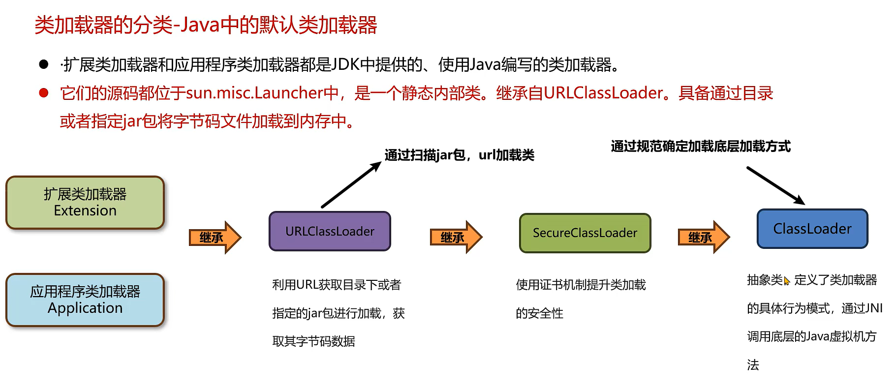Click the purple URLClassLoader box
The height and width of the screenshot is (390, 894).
(x=330, y=231)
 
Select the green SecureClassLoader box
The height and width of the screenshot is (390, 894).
(x=585, y=233)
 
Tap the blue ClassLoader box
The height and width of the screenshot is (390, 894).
(x=812, y=229)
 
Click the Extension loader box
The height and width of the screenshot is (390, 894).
(x=85, y=203)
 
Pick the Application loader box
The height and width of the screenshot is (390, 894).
(x=85, y=300)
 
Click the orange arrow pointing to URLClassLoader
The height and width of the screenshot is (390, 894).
(x=215, y=238)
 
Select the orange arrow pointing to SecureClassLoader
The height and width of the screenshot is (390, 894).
(x=456, y=238)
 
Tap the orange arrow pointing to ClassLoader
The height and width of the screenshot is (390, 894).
(x=704, y=238)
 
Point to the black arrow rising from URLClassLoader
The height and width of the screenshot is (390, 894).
(x=351, y=185)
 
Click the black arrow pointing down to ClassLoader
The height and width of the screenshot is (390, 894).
(x=775, y=185)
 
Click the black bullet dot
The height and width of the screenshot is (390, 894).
(x=44, y=64)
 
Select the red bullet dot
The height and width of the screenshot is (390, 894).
(x=44, y=93)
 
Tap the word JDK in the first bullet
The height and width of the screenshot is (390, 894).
(x=346, y=64)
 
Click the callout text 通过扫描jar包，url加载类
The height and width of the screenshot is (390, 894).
(x=459, y=155)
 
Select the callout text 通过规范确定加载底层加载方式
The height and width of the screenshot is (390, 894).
(x=700, y=147)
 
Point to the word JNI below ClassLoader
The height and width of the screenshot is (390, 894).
(x=873, y=308)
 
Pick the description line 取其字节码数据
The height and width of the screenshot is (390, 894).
(x=313, y=341)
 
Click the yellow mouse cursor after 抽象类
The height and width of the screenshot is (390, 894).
(x=787, y=281)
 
